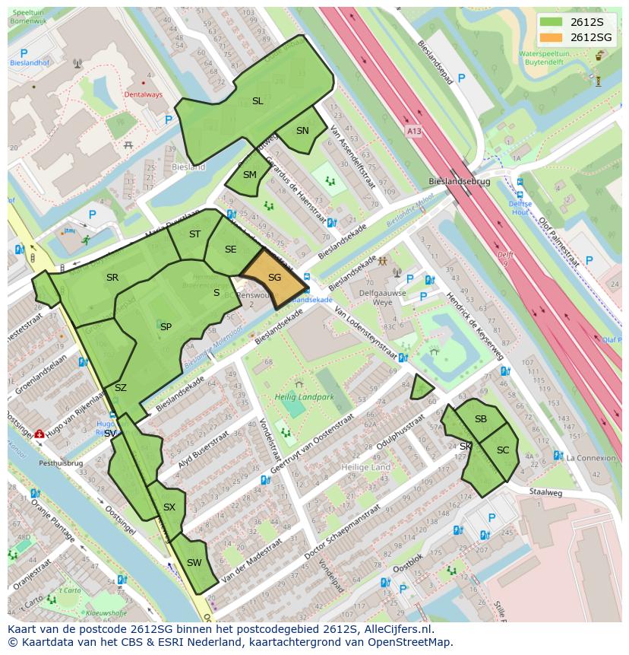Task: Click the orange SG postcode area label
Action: pyautogui.click(x=274, y=278)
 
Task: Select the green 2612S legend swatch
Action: pyautogui.click(x=552, y=23)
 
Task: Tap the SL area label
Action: pyautogui.click(x=258, y=101)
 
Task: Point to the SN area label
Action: pyautogui.click(x=302, y=131)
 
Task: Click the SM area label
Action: pyautogui.click(x=250, y=175)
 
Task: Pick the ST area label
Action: pyautogui.click(x=194, y=234)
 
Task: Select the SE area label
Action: pyautogui.click(x=230, y=250)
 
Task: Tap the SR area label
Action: pyautogui.click(x=112, y=278)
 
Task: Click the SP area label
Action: pyautogui.click(x=166, y=327)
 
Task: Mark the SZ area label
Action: pyautogui.click(x=120, y=388)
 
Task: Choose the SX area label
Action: pyautogui.click(x=169, y=507)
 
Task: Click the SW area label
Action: pyautogui.click(x=194, y=563)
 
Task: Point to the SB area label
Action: pyautogui.click(x=481, y=419)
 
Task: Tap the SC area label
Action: pyautogui.click(x=503, y=450)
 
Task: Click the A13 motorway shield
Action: pyautogui.click(x=413, y=131)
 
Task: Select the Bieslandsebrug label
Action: pyautogui.click(x=459, y=183)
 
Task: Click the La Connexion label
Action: pyautogui.click(x=591, y=457)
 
